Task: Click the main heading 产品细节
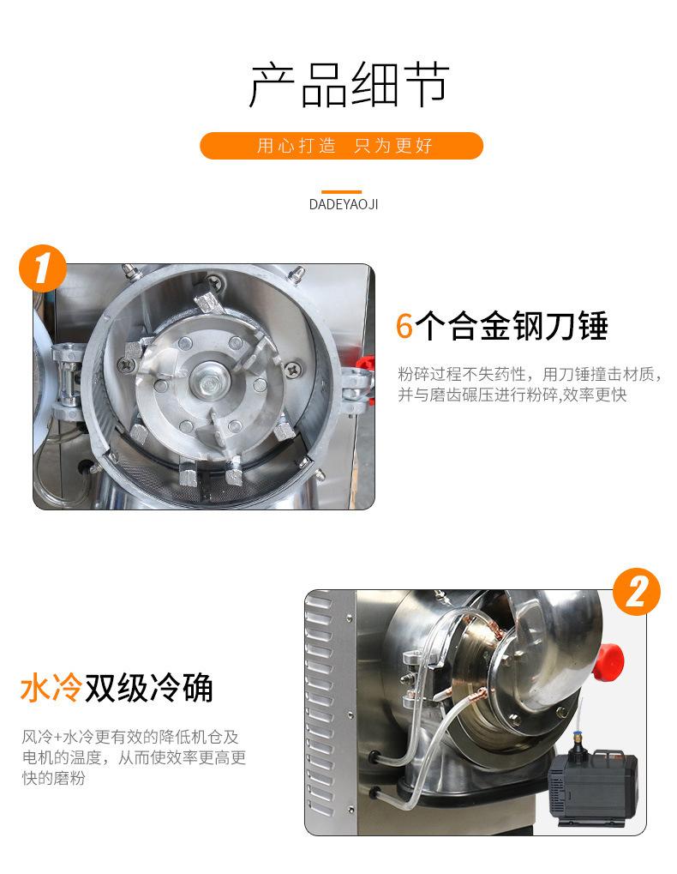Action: [349, 85]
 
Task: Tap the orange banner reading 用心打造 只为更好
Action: [341, 146]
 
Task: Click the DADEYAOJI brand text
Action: [344, 205]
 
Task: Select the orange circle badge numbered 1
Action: [43, 268]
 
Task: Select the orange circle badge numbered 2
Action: [637, 592]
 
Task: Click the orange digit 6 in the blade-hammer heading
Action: [404, 326]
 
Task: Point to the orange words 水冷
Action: [51, 688]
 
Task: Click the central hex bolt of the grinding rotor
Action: [211, 383]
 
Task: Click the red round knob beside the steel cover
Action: [608, 661]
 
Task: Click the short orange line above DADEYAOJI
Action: [341, 192]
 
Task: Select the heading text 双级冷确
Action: [148, 688]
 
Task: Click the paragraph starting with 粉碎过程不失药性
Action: [530, 384]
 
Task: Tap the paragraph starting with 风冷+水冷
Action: [134, 757]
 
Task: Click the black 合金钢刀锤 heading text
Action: [511, 326]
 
